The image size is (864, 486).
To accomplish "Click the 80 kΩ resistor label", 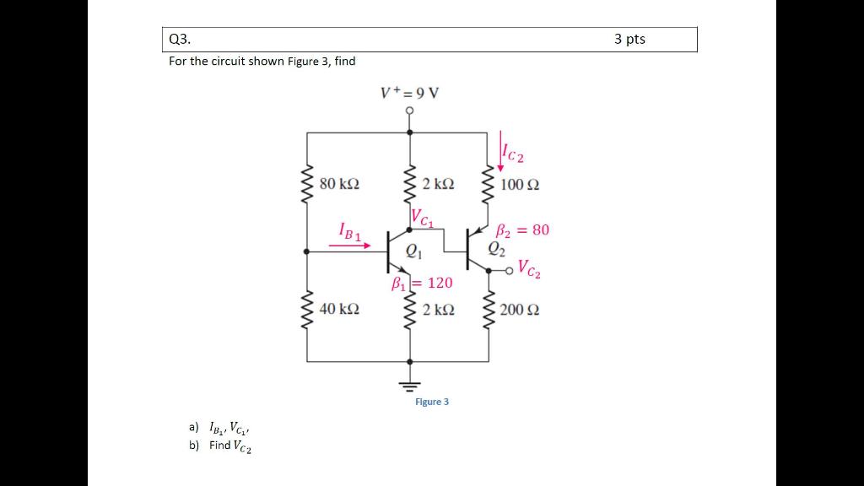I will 339,183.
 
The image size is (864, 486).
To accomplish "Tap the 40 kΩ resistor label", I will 339,310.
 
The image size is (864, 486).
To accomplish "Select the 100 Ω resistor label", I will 520,184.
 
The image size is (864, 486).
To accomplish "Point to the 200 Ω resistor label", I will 520,310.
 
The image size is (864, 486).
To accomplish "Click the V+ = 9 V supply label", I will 409,92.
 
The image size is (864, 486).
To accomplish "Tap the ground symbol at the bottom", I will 410,385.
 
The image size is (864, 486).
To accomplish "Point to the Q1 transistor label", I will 413,250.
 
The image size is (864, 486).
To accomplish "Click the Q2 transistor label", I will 496,247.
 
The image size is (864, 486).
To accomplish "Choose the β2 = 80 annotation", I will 521,229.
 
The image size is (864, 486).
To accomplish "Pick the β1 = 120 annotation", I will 423,283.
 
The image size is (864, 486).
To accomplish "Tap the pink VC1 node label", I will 423,219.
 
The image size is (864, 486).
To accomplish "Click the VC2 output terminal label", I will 530,269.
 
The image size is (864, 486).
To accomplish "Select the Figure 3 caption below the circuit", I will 432,402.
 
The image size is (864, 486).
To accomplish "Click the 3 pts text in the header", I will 629,39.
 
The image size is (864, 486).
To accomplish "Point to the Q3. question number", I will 180,40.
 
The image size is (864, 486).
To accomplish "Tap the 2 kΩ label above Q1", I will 439,183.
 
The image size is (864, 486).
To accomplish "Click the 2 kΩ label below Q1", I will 439,310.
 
